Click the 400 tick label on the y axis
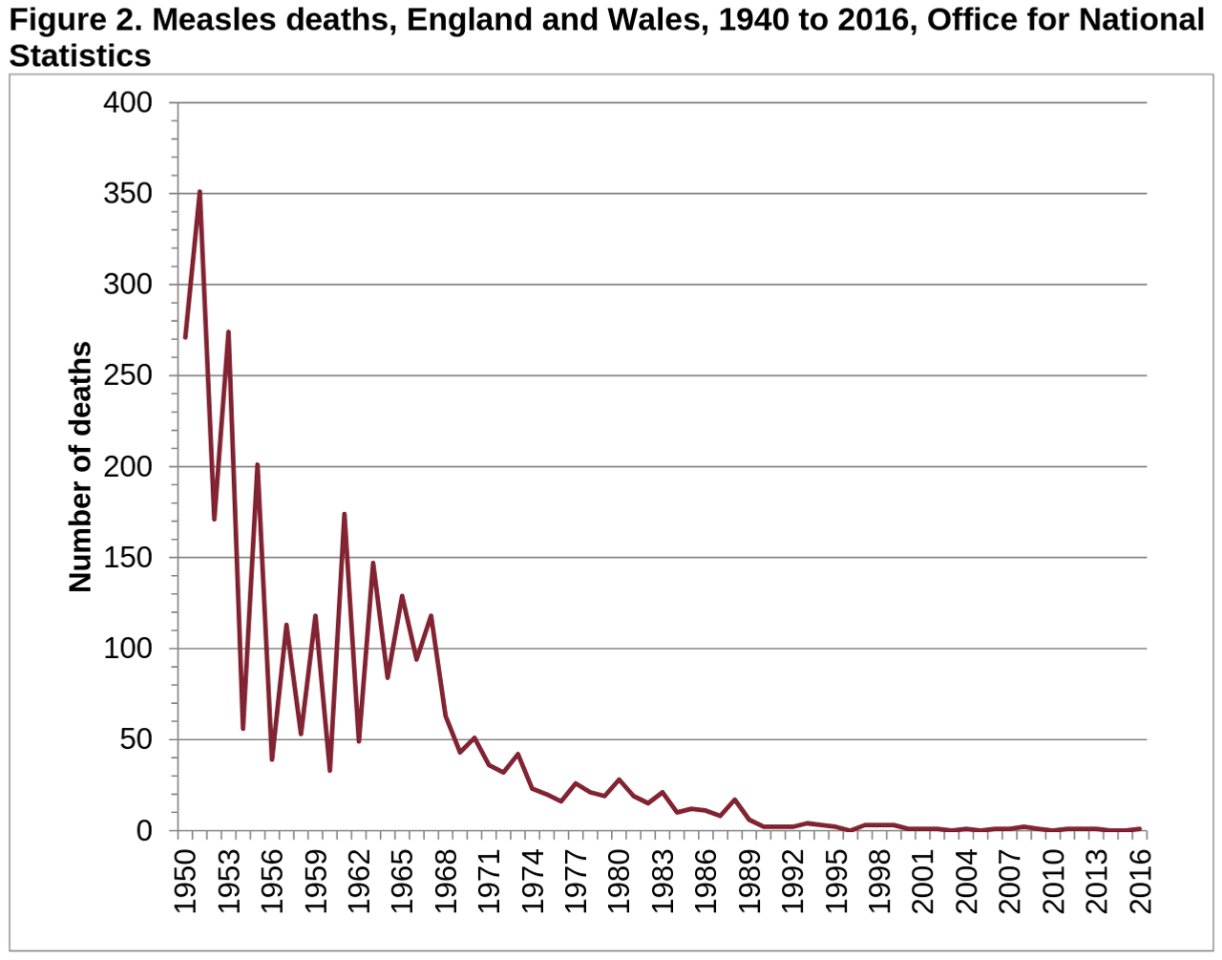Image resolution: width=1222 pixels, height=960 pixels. click(x=128, y=102)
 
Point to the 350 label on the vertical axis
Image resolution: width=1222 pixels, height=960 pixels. click(x=128, y=193)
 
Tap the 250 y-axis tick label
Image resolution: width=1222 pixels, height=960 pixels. click(x=128, y=375)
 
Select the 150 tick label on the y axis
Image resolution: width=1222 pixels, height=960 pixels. click(x=128, y=558)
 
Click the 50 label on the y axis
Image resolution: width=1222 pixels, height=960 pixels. click(x=136, y=739)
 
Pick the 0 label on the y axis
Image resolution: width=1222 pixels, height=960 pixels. click(x=144, y=831)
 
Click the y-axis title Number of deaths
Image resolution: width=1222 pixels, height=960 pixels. click(x=81, y=466)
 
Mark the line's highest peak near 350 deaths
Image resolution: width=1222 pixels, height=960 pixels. click(x=200, y=192)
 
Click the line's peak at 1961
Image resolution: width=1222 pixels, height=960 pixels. click(x=344, y=514)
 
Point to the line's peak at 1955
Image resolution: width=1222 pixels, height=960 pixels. click(x=257, y=464)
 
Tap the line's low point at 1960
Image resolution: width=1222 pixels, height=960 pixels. click(x=329, y=770)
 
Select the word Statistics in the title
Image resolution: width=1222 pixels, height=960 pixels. click(x=80, y=55)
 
